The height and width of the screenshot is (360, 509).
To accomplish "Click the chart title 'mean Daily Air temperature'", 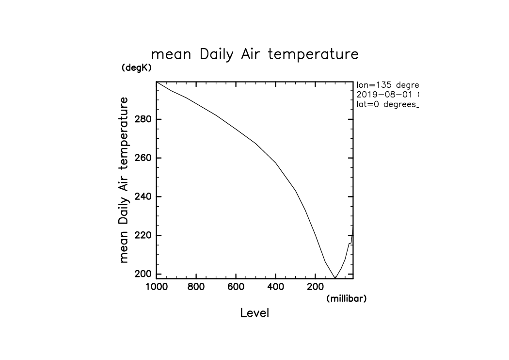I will [254, 54].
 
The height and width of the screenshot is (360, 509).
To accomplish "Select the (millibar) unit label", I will [346, 298].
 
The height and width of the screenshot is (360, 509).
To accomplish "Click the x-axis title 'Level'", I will [254, 313].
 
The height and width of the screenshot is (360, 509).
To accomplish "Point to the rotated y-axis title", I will [124, 180].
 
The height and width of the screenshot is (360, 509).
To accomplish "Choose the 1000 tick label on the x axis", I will [157, 286].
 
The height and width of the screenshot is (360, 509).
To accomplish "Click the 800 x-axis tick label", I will [196, 286].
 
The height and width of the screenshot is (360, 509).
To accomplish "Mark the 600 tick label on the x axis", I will [236, 286].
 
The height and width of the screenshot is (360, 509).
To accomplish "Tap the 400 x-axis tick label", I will [275, 286].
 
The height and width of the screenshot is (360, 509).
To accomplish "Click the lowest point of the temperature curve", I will [334, 278].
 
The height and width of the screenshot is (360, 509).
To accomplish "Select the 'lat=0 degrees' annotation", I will [387, 104].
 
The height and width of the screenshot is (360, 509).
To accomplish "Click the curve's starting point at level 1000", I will [157, 82].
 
